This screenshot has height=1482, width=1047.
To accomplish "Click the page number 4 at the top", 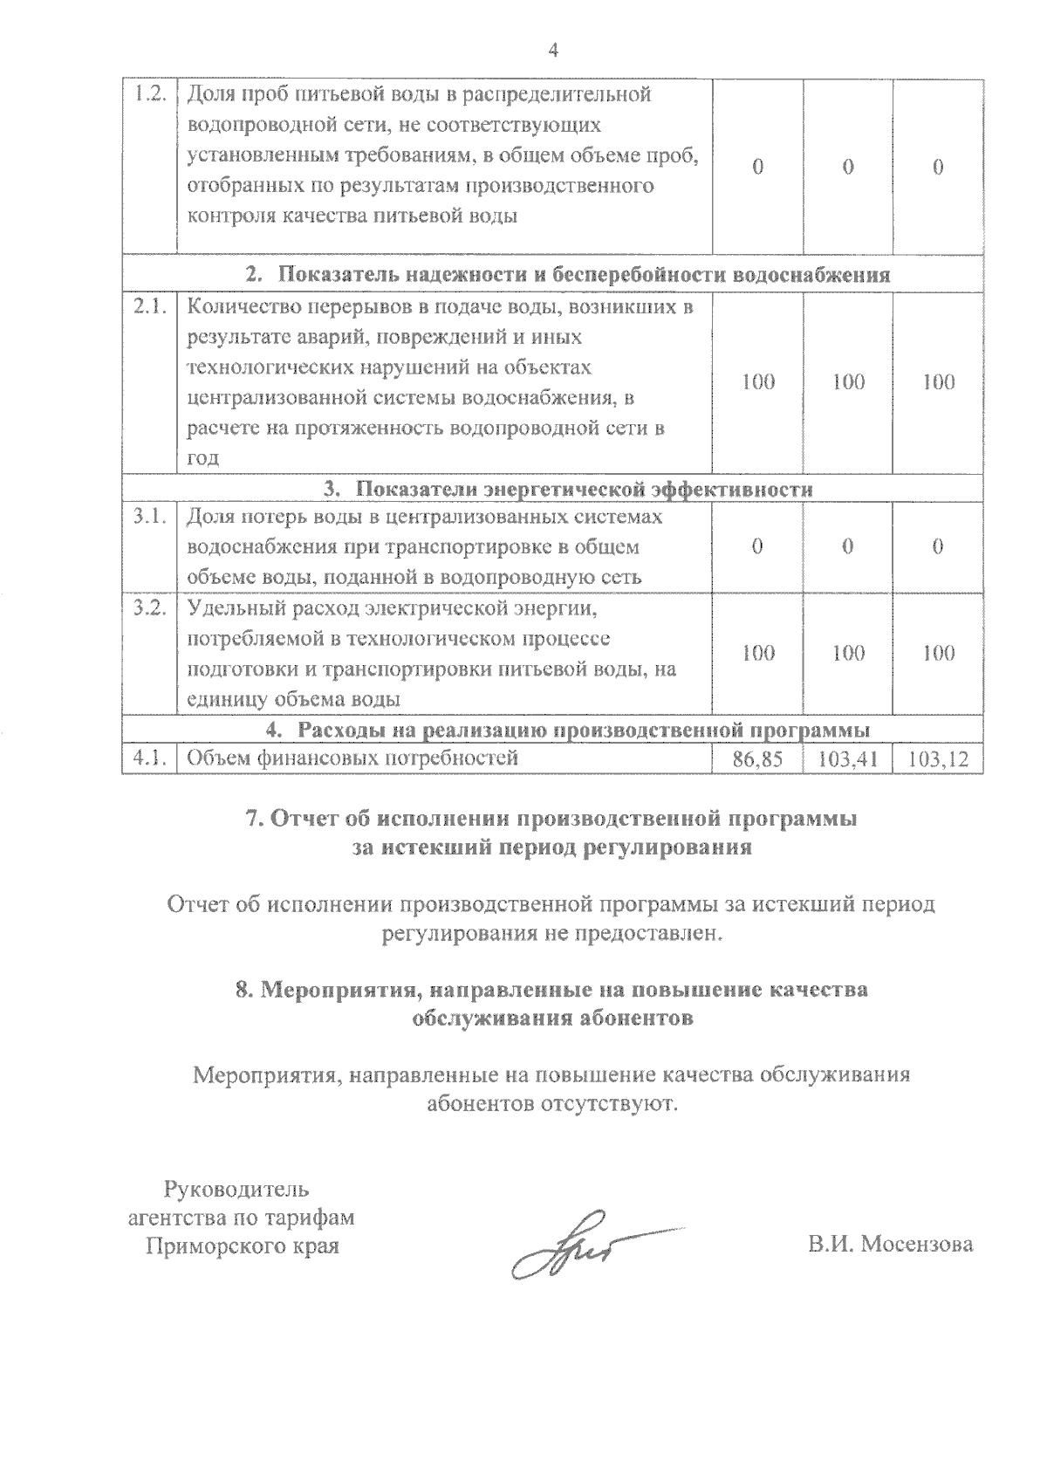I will (551, 50).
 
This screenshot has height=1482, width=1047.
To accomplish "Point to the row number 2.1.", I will (149, 307).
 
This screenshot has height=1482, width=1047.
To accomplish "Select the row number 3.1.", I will (149, 517).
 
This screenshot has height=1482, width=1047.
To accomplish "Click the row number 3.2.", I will (149, 608).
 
